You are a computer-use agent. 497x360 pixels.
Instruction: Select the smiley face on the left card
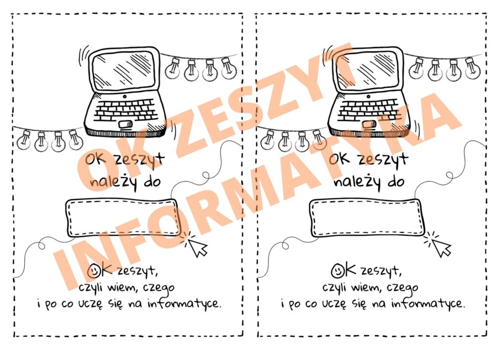(x=95, y=271)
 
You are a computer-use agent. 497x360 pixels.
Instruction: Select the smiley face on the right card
(x=338, y=271)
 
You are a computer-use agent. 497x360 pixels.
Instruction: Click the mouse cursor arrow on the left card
(x=197, y=246)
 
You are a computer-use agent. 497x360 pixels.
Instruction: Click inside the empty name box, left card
(x=123, y=217)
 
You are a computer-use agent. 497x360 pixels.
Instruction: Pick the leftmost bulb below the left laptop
(x=24, y=140)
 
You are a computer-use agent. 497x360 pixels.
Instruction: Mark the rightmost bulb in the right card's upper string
(x=471, y=68)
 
